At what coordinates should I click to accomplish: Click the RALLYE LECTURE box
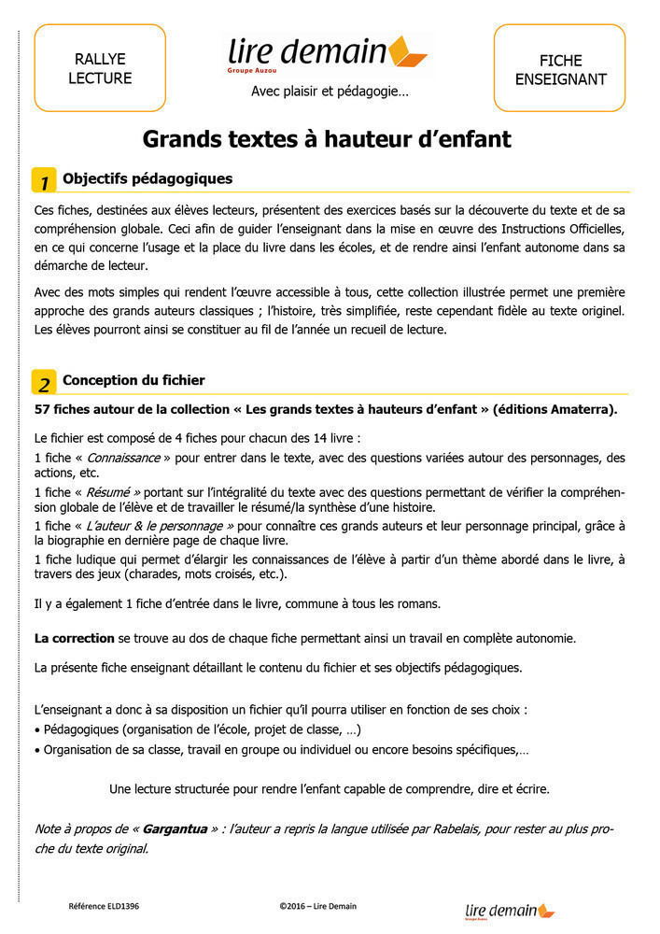tap(100, 68)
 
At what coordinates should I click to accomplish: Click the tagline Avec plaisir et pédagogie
tap(330, 92)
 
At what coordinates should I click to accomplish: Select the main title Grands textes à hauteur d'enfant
tap(327, 139)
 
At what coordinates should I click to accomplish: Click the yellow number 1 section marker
tap(44, 181)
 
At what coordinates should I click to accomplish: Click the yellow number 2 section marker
tap(44, 383)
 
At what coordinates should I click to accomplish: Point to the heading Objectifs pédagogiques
tap(147, 178)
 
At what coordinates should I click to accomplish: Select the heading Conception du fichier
tap(133, 380)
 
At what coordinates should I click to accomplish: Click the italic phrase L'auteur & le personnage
tap(161, 527)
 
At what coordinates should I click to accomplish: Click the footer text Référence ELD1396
tap(104, 906)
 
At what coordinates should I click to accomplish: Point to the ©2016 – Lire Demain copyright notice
tap(317, 906)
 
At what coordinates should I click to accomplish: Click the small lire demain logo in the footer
tap(509, 911)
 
